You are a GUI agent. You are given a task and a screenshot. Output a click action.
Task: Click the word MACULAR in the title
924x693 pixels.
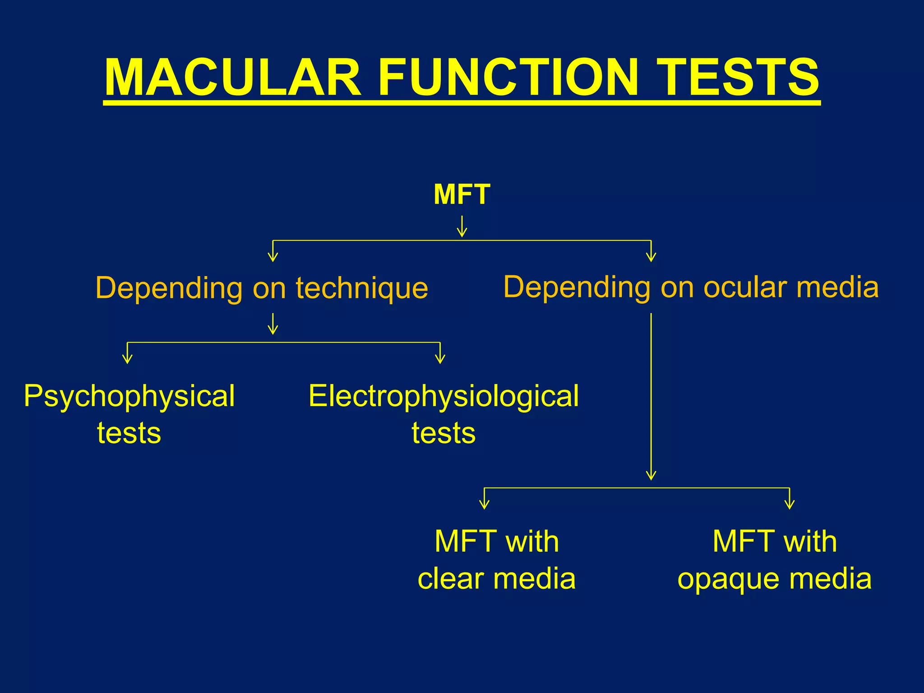(x=232, y=78)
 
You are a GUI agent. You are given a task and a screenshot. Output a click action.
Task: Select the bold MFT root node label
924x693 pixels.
(x=462, y=194)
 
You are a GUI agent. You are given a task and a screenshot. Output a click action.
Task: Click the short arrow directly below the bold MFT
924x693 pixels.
(x=462, y=227)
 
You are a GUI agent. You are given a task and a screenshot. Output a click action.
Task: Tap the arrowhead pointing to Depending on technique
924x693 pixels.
(x=273, y=258)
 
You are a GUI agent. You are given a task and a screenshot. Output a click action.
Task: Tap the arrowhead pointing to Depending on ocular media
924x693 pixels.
(x=651, y=258)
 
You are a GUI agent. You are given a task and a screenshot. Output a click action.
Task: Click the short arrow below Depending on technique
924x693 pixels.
(x=273, y=324)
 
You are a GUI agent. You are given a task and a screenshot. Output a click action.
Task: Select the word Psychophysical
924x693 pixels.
(x=129, y=396)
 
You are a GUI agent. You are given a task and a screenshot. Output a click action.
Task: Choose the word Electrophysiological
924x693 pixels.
(x=444, y=396)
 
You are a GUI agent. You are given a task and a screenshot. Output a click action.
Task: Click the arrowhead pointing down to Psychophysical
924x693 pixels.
(x=128, y=359)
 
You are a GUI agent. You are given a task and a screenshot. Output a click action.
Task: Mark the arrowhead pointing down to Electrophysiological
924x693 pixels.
(x=440, y=359)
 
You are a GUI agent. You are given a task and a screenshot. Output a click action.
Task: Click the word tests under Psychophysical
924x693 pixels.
(x=129, y=433)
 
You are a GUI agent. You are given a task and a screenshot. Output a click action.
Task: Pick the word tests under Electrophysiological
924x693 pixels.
(x=444, y=433)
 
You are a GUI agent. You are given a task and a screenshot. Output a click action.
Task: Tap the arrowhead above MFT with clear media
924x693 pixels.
(x=484, y=505)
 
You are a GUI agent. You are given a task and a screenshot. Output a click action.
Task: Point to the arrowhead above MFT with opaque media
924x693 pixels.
(x=789, y=505)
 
